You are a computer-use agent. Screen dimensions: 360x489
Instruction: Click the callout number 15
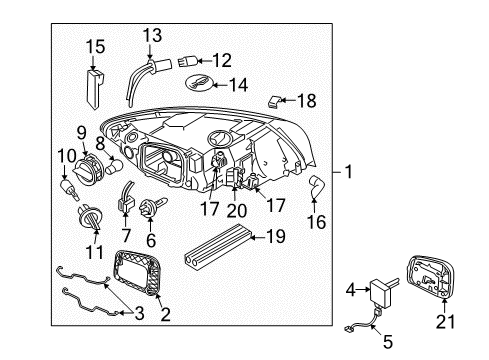pos(94,46)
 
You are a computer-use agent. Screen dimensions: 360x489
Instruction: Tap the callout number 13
pos(151,36)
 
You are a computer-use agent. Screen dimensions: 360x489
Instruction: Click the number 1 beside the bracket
pos(349,171)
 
